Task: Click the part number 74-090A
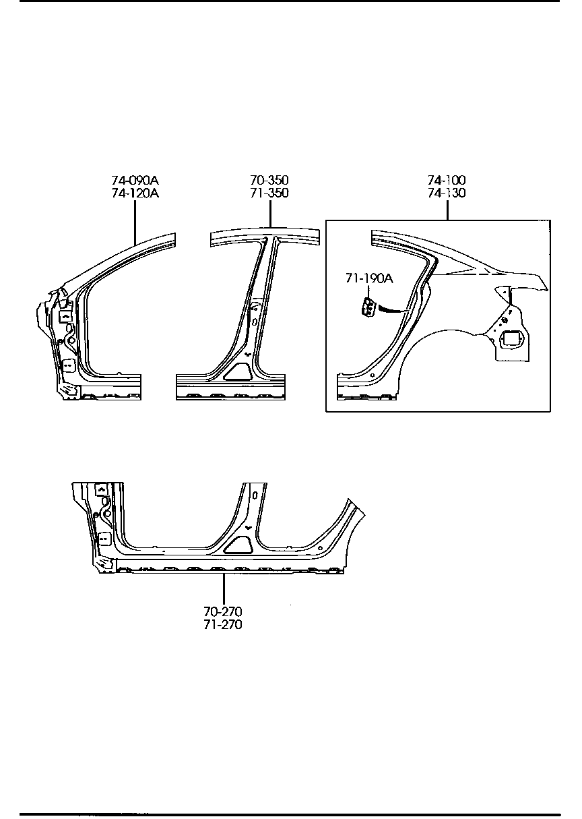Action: (135, 181)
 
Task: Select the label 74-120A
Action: (135, 193)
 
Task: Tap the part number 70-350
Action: (269, 181)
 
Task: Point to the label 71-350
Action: (269, 193)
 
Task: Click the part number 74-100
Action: (447, 181)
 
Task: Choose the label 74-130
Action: (447, 193)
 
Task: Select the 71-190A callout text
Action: (368, 278)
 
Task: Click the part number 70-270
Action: (223, 612)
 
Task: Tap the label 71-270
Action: (223, 624)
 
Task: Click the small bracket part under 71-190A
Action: (368, 307)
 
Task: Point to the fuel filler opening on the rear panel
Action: (511, 340)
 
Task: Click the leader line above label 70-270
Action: (223, 588)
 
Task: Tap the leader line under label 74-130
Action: (447, 210)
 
